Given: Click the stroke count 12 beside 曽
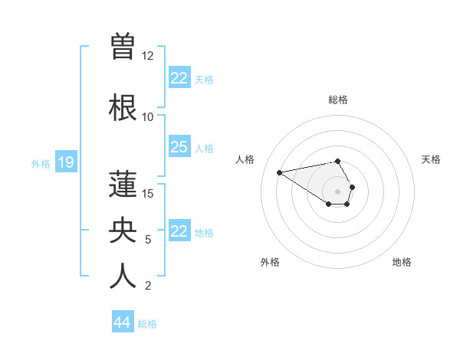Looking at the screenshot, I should pos(148,56).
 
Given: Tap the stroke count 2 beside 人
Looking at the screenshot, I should pos(148,286).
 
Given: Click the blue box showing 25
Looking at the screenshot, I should pos(179,146).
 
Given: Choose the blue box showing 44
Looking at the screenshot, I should pos(122,322).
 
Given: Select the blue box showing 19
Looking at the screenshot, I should pos(65,162).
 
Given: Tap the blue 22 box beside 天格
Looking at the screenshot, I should pos(179,78).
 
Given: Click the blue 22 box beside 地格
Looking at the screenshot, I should pos(179,231).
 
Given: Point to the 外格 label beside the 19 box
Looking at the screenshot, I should pos(40,163).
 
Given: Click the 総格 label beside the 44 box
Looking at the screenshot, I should pos(148,324).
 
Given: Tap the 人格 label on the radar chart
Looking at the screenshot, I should pos(245,159).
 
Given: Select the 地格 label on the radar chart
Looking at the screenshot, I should pos(402,262).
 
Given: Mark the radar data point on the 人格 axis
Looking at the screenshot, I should pos(280,172).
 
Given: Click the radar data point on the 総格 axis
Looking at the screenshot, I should pos(338,161).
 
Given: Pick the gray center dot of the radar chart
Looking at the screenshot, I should pos(338,191).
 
